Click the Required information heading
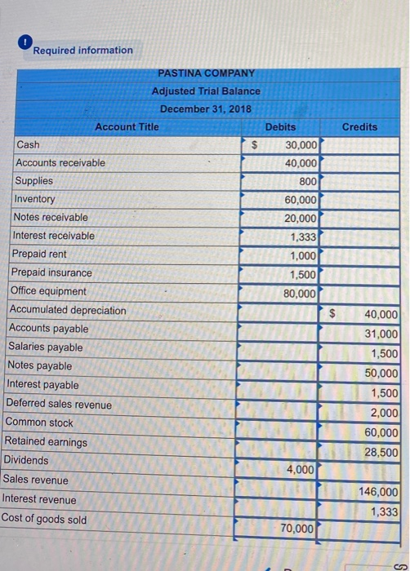(82, 51)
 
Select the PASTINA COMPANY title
(206, 73)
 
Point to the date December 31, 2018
(206, 108)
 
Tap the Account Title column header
(127, 126)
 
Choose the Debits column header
(280, 127)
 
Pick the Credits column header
(359, 126)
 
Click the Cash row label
(28, 144)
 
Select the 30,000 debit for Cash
(301, 145)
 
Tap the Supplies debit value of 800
(307, 181)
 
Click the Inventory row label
(34, 199)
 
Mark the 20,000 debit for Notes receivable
(301, 218)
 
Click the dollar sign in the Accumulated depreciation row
(332, 312)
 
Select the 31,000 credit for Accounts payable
(381, 334)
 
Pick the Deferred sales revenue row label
(59, 404)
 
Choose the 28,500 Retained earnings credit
(381, 452)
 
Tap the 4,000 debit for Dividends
(301, 469)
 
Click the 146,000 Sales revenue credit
(379, 492)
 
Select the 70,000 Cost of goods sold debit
(297, 529)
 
